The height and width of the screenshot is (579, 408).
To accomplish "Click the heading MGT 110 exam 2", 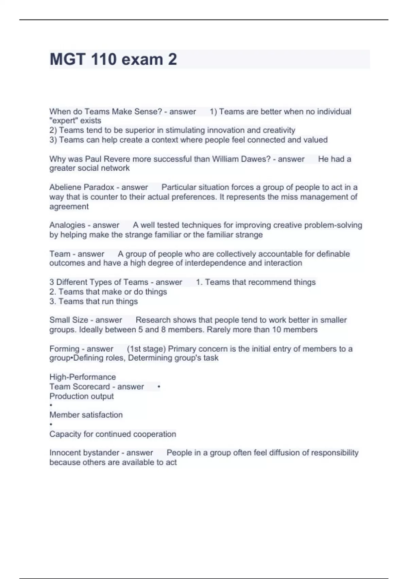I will coord(113,59).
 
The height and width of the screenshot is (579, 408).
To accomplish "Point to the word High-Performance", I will coord(83,377).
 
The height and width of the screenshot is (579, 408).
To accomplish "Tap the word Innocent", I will coord(65,453).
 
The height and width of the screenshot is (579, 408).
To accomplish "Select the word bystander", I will coord(104,453).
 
